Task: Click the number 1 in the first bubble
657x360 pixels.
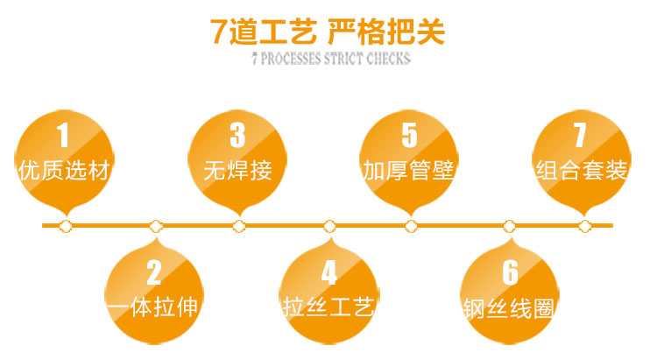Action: [x=63, y=135]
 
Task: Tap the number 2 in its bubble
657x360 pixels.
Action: [x=154, y=272]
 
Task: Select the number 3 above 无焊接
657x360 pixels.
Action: [x=237, y=135]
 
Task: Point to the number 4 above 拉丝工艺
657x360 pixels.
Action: [x=329, y=272]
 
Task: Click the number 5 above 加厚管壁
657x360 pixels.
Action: [x=409, y=135]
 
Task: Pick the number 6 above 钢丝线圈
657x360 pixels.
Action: [x=511, y=272]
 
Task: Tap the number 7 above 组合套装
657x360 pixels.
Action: [x=580, y=135]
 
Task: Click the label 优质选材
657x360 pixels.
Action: [x=64, y=170]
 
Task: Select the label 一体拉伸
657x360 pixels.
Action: [x=153, y=307]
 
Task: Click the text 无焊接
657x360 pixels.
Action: [x=238, y=170]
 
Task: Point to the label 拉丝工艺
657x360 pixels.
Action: [x=328, y=307]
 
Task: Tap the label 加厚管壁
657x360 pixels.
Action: [x=409, y=170]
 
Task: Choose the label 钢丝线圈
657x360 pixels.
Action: [x=509, y=309]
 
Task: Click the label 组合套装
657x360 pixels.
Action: [x=582, y=170]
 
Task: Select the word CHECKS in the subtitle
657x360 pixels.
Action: [x=388, y=59]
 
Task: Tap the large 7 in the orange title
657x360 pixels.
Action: [x=218, y=32]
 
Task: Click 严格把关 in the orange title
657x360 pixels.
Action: [x=386, y=32]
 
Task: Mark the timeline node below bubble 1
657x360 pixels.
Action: [x=66, y=226]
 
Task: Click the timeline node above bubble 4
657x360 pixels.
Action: [x=329, y=226]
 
